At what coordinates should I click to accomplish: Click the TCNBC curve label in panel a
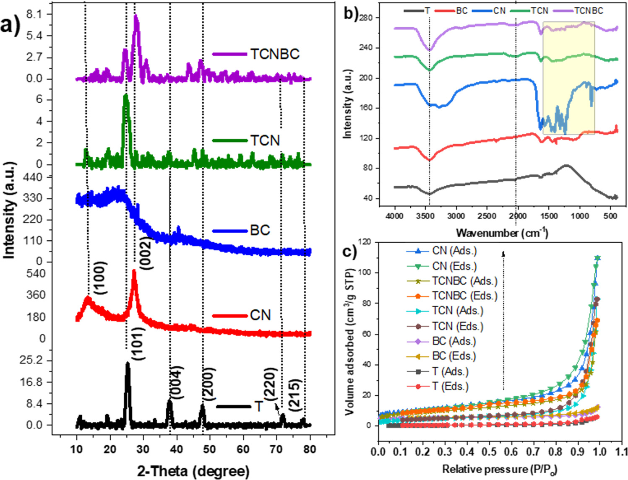(275, 54)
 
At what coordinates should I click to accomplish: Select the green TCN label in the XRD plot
(265, 140)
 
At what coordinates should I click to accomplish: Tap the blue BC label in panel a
(260, 230)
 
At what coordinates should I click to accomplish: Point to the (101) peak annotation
(138, 344)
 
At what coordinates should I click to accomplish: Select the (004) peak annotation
(177, 381)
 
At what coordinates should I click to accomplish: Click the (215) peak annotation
(295, 394)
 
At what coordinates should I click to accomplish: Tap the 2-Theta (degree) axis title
(193, 471)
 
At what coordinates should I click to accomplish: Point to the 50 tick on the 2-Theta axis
(209, 449)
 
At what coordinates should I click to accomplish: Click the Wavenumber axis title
(502, 233)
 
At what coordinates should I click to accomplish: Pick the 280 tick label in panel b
(368, 18)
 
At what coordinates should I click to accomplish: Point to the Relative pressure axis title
(499, 469)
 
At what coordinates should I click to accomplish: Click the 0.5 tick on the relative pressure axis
(488, 451)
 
